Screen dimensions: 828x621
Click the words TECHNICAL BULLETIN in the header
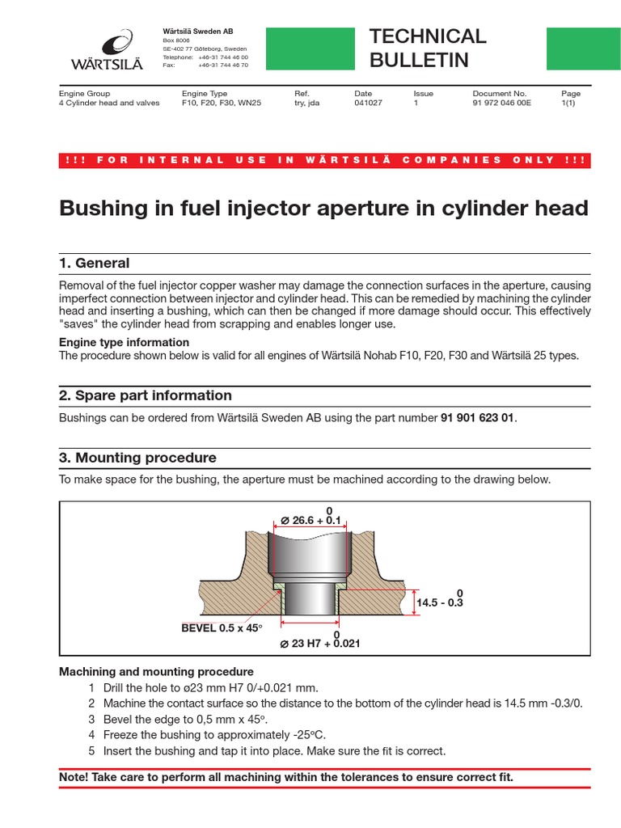(427, 48)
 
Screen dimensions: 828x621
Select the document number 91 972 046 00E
(501, 103)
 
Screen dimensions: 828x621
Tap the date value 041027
(368, 103)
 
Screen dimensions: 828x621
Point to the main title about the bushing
(323, 208)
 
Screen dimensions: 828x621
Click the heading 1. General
(95, 263)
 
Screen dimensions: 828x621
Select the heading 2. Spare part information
(146, 395)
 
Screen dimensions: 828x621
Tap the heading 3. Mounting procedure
(137, 458)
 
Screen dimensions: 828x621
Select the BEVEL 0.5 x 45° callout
(222, 627)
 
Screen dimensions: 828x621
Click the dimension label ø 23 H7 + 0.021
(319, 644)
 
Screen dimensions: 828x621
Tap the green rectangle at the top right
(578, 49)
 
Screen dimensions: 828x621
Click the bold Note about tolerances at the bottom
(287, 777)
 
